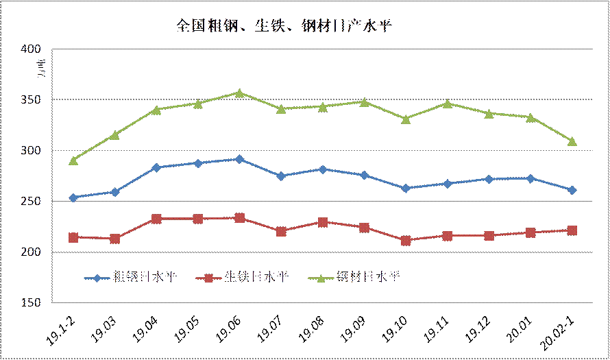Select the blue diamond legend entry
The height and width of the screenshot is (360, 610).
point(130,278)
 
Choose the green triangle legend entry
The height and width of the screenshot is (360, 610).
point(357,278)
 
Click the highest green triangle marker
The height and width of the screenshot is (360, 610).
point(239,93)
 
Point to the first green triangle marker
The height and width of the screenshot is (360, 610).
point(73,160)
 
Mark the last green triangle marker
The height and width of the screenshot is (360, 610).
point(572,141)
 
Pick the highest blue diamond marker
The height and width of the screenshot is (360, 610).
point(239,159)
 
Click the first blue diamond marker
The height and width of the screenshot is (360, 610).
point(73,197)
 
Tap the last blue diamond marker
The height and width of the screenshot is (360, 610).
point(572,190)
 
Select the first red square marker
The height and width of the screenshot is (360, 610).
point(73,237)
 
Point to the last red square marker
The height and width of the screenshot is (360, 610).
point(572,230)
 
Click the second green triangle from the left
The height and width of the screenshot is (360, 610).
point(114,134)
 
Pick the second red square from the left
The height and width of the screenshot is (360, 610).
point(114,239)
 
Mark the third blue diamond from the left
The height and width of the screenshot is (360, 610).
point(156,167)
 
